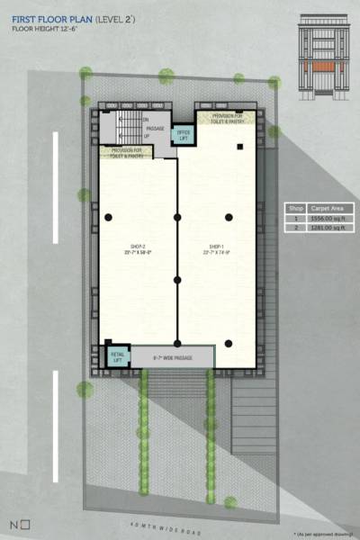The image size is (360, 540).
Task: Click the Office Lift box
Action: [184, 134]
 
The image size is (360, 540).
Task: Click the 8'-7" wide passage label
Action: [172, 356]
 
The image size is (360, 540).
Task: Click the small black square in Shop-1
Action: [240, 146]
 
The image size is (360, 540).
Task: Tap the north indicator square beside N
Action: [25, 523]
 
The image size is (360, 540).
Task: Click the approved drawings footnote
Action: [319, 533]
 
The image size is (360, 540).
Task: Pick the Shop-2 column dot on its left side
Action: [108, 217]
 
